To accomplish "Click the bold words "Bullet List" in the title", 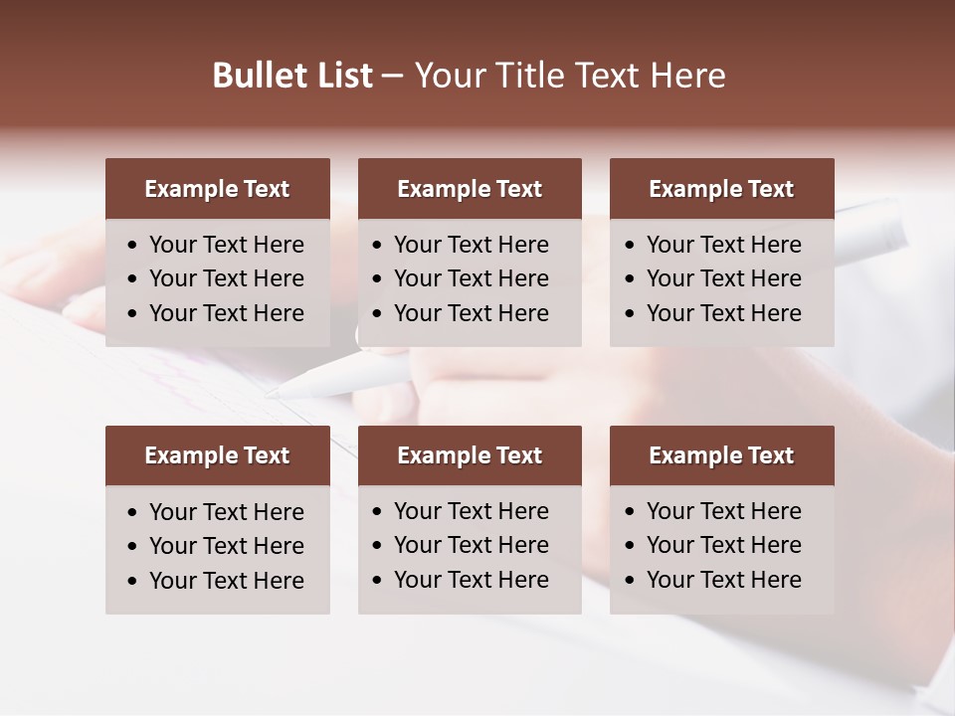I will pyautogui.click(x=292, y=76).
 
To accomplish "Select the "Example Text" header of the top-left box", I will pyautogui.click(x=217, y=189).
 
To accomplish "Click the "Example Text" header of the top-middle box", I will pyautogui.click(x=470, y=189).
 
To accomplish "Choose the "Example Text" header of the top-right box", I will pyautogui.click(x=721, y=189).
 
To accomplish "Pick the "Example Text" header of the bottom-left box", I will pyautogui.click(x=217, y=455).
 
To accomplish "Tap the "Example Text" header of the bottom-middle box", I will pyautogui.click(x=470, y=455).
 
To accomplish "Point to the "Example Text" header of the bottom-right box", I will pyautogui.click(x=721, y=455).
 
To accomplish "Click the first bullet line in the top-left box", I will pyautogui.click(x=226, y=245).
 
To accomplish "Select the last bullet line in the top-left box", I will pyautogui.click(x=226, y=313).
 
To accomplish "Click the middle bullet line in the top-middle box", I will pyautogui.click(x=471, y=278).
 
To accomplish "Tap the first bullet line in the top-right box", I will pyautogui.click(x=723, y=245).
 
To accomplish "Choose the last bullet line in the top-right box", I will pyautogui.click(x=723, y=313).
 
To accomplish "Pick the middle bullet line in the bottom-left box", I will pyautogui.click(x=226, y=546).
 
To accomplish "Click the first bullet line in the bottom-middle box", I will pyautogui.click(x=471, y=511).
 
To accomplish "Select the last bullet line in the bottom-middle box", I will pyautogui.click(x=471, y=580).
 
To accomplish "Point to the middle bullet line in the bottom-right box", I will pyautogui.click(x=723, y=545).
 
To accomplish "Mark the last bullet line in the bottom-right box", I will pyautogui.click(x=723, y=580).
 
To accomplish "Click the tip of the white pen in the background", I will pyautogui.click(x=268, y=394).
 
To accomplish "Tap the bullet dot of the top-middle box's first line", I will pyautogui.click(x=378, y=246).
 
